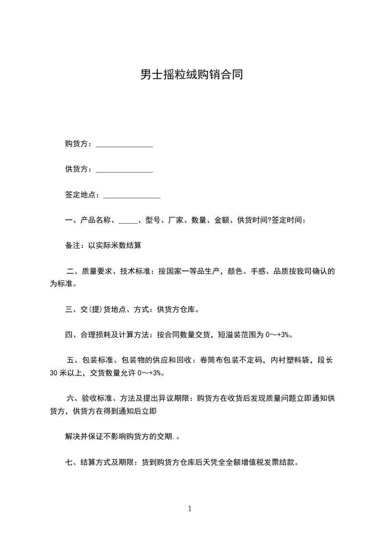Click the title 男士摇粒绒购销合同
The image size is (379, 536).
click(191, 75)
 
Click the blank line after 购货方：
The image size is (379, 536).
click(124, 145)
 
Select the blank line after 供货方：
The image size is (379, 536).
click(124, 170)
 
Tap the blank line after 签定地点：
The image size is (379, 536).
click(132, 195)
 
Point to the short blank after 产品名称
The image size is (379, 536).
click(128, 221)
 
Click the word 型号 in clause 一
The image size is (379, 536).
click(153, 221)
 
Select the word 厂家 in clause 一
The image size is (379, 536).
click(176, 221)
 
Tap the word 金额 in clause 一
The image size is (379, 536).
click(222, 221)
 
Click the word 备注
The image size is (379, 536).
click(73, 246)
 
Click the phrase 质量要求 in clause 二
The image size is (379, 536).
click(97, 271)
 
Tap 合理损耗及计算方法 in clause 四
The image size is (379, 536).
click(116, 334)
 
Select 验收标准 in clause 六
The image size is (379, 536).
click(97, 398)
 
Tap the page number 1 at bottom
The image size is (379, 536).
click(190, 509)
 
